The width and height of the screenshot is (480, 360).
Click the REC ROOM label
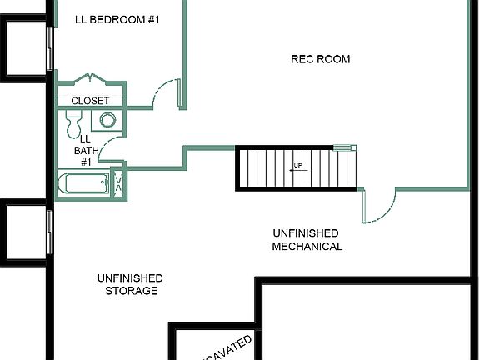[x=320, y=59]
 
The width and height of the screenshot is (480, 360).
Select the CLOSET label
[x=90, y=101]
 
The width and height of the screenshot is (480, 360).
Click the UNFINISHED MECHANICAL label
[x=307, y=240]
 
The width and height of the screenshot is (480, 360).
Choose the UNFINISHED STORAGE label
[x=131, y=284]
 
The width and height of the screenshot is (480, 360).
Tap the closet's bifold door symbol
[x=90, y=79]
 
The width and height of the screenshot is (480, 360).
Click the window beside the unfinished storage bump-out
[x=50, y=229]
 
